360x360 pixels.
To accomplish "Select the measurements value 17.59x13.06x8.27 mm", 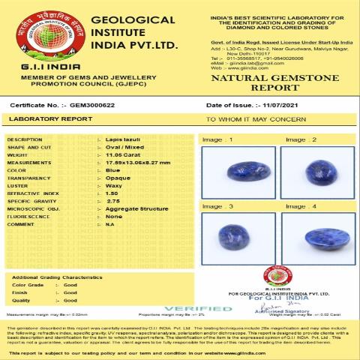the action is [x=133, y=161].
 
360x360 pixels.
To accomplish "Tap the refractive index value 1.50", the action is [x=112, y=193].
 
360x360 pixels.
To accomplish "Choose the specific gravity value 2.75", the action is [x=113, y=201].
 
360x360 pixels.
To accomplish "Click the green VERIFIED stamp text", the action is [x=198, y=308].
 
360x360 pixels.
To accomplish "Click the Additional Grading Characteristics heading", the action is [x=57, y=277].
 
